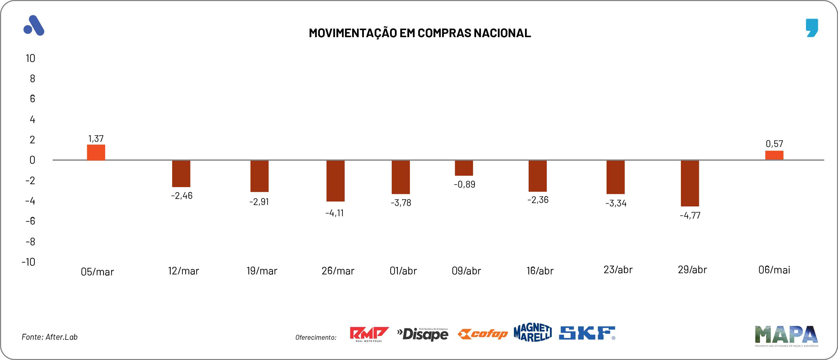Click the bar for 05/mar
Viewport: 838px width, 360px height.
pyautogui.click(x=96, y=152)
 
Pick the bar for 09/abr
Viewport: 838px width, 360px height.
pyautogui.click(x=464, y=168)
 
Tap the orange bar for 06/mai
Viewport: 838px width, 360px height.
pyautogui.click(x=774, y=155)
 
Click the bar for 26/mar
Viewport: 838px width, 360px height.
pyautogui.click(x=335, y=181)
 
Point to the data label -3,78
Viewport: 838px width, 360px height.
pyautogui.click(x=401, y=203)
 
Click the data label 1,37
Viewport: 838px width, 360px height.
pyautogui.click(x=96, y=139)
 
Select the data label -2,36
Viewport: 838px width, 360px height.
pyautogui.click(x=538, y=200)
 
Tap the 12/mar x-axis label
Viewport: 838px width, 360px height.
pyautogui.click(x=183, y=271)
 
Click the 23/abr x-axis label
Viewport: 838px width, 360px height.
pyautogui.click(x=618, y=270)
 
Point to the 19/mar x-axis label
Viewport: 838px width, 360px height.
pyautogui.click(x=262, y=271)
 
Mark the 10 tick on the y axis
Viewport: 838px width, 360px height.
pyautogui.click(x=30, y=58)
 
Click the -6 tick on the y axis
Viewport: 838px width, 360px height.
pyautogui.click(x=30, y=221)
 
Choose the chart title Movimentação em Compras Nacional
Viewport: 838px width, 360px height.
pyautogui.click(x=420, y=33)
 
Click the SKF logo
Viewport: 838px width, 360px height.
pyautogui.click(x=587, y=333)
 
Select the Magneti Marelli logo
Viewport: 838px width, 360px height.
pyautogui.click(x=533, y=332)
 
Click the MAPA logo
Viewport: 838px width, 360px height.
pyautogui.click(x=786, y=335)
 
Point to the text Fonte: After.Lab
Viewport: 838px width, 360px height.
pyautogui.click(x=49, y=337)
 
